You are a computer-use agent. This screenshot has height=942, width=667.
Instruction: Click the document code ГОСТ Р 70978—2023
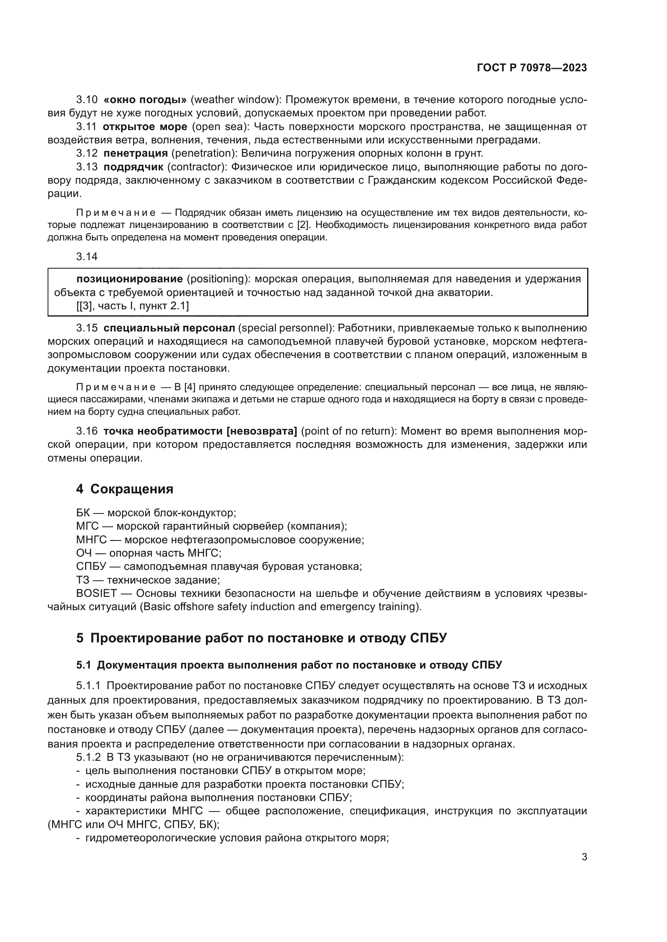532,68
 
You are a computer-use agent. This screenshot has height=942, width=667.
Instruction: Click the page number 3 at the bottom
584,857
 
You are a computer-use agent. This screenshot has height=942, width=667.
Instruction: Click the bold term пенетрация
135,153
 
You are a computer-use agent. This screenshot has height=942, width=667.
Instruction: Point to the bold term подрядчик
133,167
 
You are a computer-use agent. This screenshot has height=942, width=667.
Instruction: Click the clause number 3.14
87,257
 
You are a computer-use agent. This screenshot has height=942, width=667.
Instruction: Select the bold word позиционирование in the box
129,279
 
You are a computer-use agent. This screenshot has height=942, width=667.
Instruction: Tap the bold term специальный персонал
169,328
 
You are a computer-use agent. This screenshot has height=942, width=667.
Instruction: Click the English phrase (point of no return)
349,431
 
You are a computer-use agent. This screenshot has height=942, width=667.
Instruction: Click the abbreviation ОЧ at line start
84,553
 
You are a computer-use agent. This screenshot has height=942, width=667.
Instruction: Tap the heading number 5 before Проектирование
80,638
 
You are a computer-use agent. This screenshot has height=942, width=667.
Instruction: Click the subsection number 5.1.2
88,757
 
